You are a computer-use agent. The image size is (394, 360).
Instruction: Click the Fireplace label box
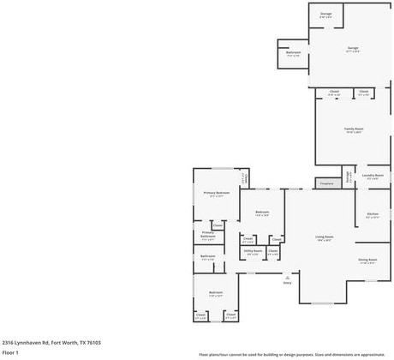[325, 183]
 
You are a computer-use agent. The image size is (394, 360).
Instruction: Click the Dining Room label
[367, 261]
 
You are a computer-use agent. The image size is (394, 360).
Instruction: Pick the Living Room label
[324, 237]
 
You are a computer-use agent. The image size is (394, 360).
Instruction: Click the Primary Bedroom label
[216, 194]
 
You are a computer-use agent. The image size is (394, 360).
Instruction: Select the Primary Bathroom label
[208, 235]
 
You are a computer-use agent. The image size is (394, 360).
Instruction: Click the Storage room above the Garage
[326, 15]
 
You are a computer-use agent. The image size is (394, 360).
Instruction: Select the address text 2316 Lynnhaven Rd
[51, 342]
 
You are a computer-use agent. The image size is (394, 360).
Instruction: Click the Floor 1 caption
[11, 352]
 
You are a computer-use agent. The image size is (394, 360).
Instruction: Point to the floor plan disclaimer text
[291, 353]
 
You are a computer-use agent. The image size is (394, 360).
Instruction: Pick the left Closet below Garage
[334, 93]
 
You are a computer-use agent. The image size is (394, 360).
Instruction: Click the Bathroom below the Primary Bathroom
[208, 256]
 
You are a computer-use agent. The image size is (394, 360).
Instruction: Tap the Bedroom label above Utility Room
[262, 213]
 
